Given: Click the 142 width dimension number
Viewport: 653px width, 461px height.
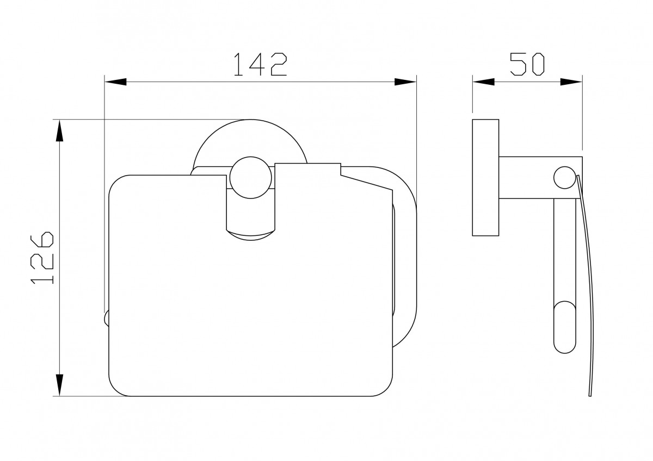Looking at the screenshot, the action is click(260, 64).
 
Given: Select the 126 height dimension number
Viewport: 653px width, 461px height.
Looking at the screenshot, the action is click(42, 258).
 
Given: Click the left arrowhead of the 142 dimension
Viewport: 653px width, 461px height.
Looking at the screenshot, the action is click(115, 82).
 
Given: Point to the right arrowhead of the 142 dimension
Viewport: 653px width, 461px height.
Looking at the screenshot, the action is click(405, 82).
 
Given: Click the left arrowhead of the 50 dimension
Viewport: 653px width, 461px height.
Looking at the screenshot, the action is click(484, 82).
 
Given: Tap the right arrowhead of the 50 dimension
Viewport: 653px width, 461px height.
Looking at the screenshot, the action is click(571, 82).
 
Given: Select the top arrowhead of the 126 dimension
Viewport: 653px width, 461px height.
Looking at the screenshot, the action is click(60, 131).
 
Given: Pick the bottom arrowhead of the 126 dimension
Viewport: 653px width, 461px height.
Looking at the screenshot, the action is click(60, 385).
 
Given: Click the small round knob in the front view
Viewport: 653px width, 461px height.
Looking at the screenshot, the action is click(251, 177).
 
